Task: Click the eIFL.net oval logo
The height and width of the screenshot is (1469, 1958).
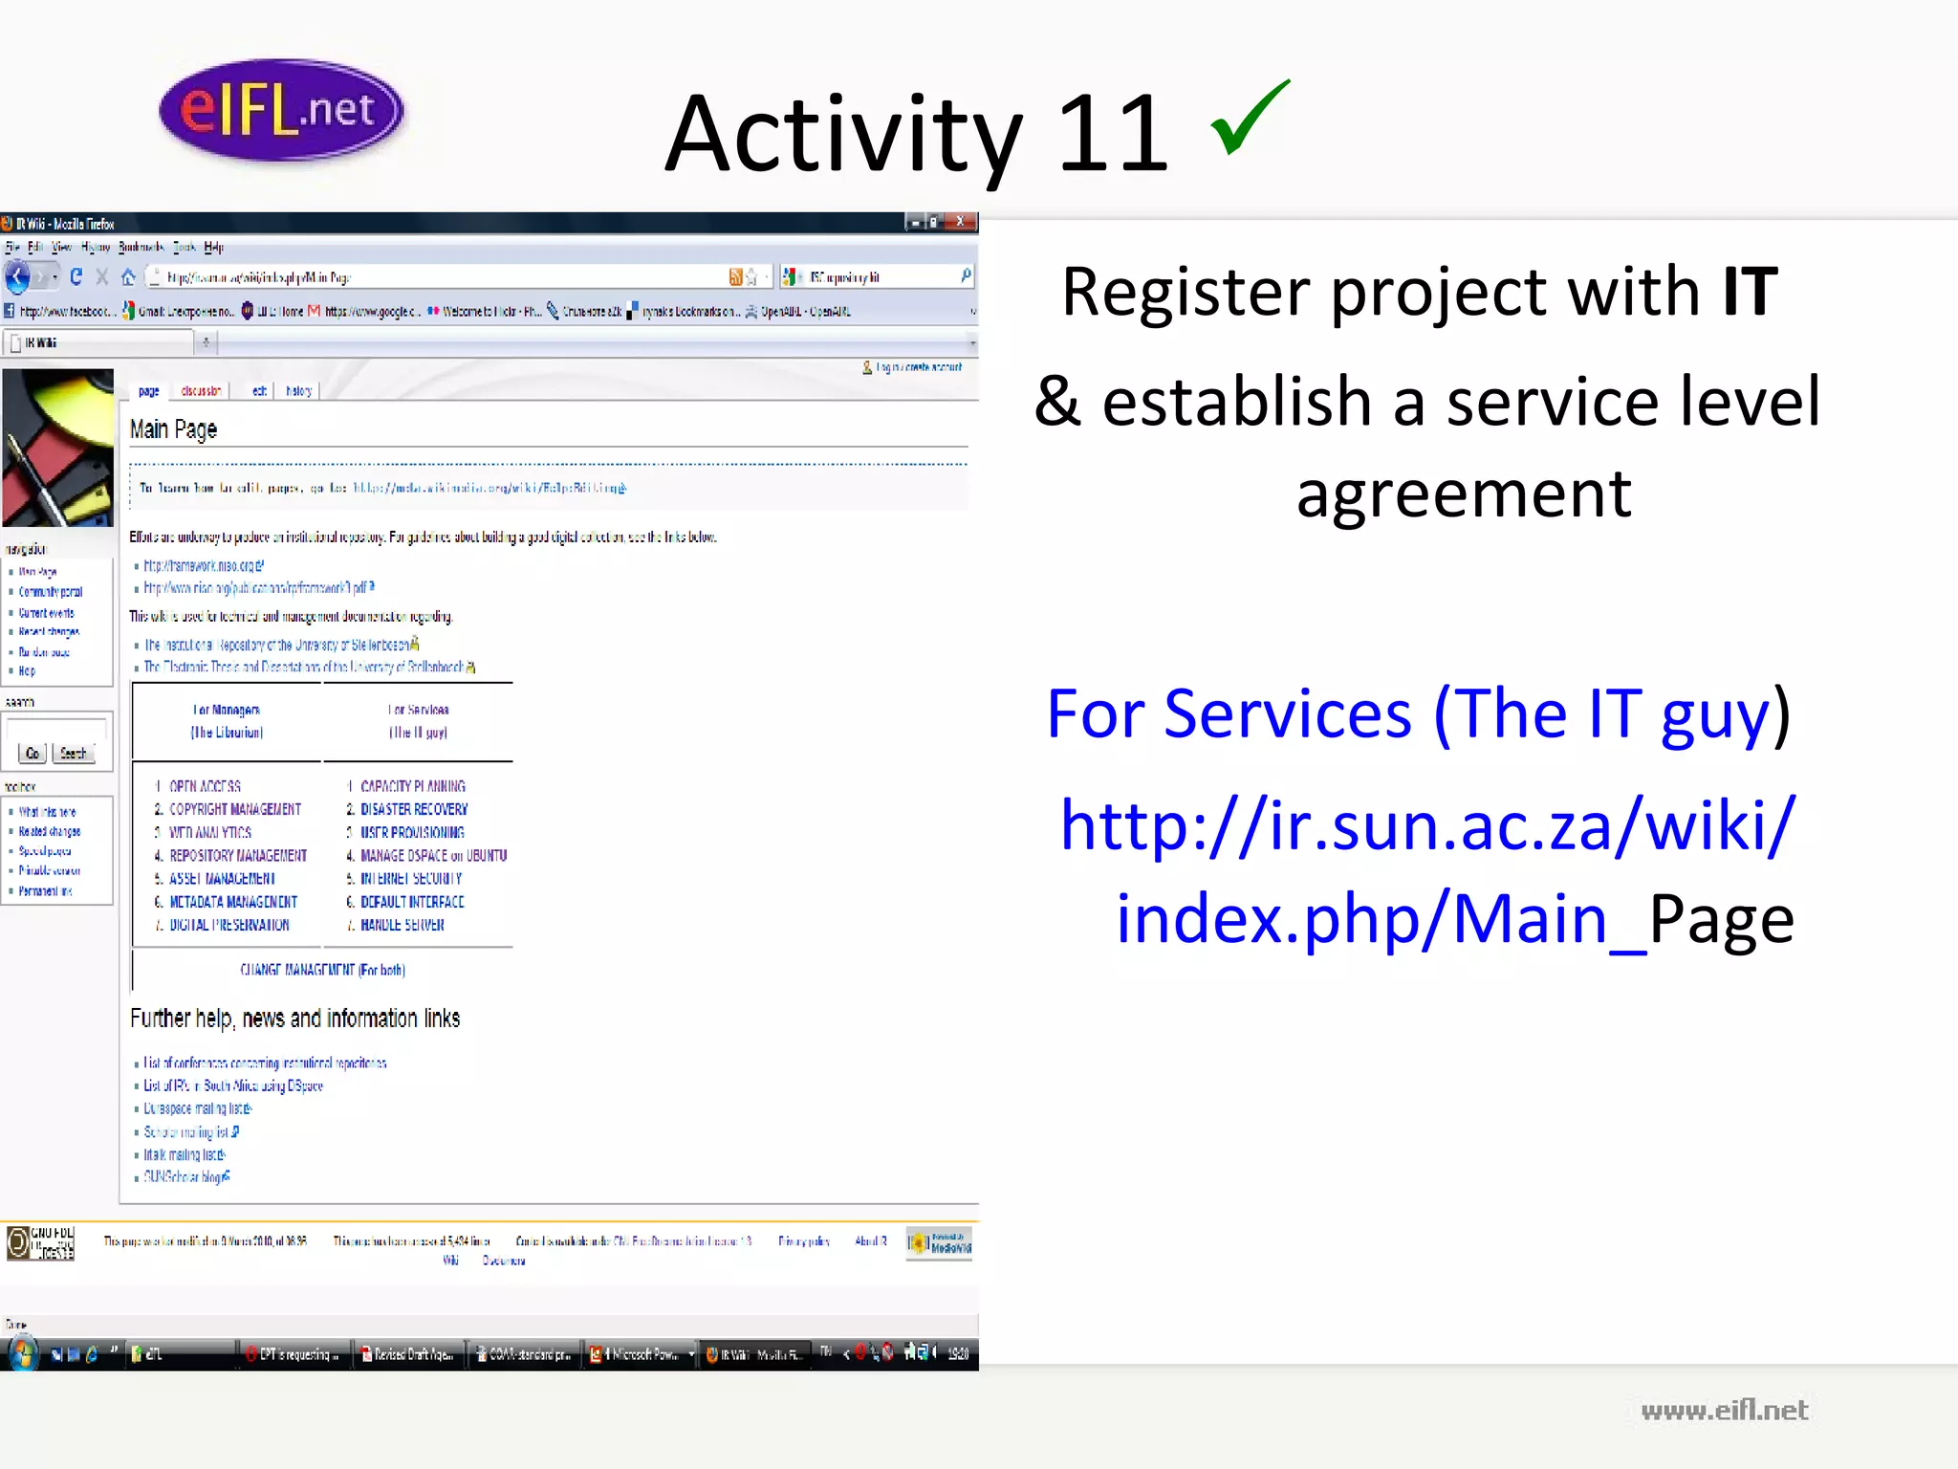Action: [281, 110]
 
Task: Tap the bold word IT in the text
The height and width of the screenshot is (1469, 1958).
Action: [1750, 292]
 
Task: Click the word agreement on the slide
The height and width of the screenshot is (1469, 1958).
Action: [1463, 494]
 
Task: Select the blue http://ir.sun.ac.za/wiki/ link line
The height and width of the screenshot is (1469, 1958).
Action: [1426, 824]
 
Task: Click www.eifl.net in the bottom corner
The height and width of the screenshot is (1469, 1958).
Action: [1724, 1410]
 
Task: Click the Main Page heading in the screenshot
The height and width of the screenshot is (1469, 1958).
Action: [173, 429]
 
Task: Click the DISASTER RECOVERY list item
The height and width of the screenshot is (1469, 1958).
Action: [413, 809]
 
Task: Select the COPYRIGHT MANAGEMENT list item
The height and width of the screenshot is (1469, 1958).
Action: [234, 809]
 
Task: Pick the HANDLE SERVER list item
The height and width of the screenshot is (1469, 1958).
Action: [402, 925]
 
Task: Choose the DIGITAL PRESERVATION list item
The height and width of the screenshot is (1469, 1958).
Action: [228, 925]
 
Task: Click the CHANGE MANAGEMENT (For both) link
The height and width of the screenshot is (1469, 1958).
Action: [322, 970]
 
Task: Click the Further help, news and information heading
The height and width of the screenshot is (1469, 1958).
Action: [294, 1019]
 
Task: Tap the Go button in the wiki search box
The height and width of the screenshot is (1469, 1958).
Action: [32, 754]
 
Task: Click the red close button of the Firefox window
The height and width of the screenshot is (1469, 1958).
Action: [961, 222]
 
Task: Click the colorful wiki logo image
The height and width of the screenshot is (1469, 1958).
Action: [57, 448]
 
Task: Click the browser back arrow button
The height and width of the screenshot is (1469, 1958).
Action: [18, 277]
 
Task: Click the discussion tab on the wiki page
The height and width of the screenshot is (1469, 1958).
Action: [201, 390]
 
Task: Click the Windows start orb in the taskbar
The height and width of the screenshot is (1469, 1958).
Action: [22, 1354]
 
